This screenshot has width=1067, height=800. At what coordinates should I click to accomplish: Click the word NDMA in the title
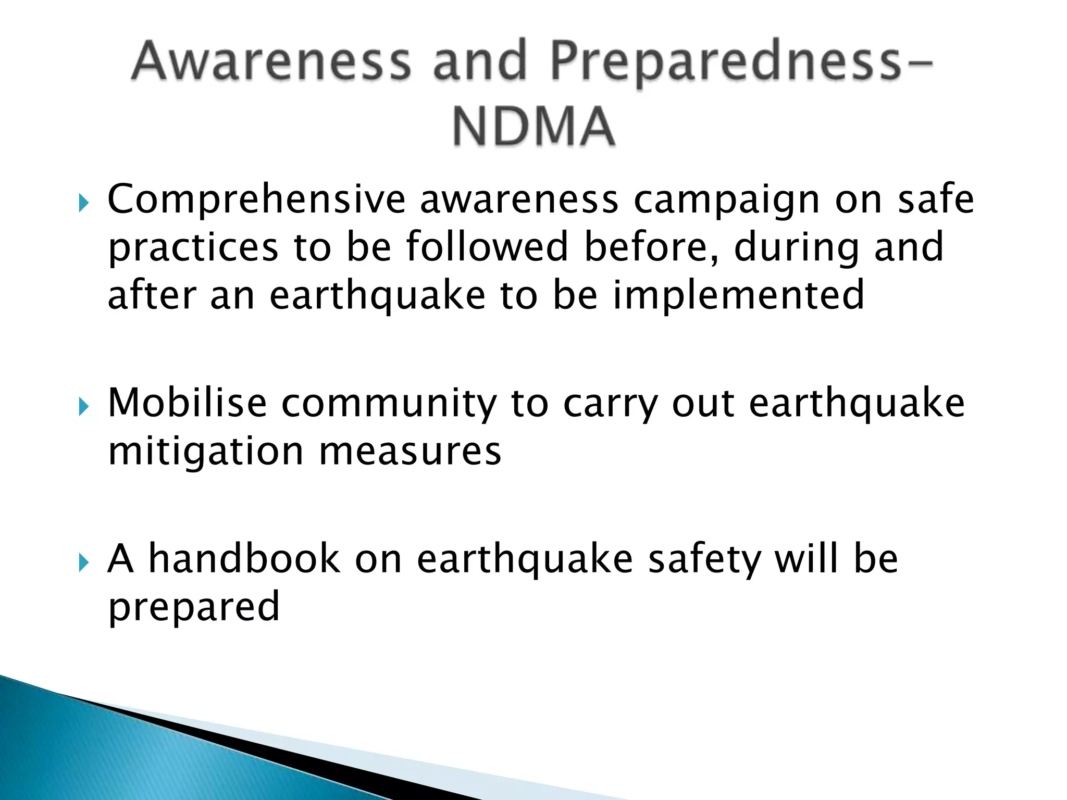click(533, 127)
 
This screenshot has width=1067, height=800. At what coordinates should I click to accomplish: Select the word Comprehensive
click(256, 200)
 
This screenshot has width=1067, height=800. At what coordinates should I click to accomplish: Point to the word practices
click(193, 248)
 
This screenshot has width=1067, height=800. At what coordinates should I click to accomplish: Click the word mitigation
click(205, 451)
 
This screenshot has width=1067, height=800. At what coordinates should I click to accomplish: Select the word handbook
click(244, 558)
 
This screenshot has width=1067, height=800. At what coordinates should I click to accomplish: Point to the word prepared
click(194, 607)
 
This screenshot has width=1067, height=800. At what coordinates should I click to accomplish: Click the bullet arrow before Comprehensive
click(83, 203)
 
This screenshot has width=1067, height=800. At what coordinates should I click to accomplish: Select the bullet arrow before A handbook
click(83, 562)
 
